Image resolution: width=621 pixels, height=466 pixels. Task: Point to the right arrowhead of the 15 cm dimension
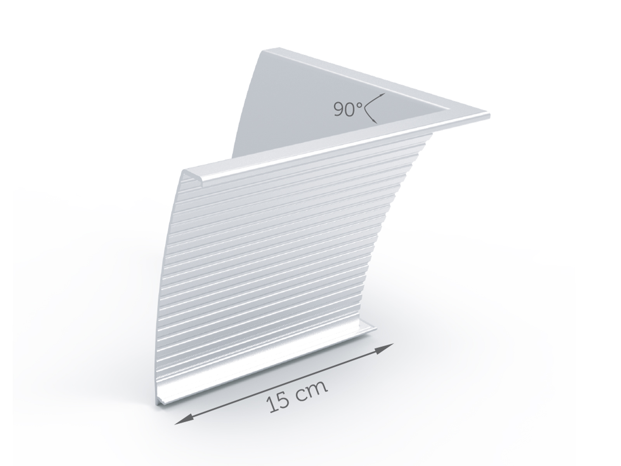(389, 347)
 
